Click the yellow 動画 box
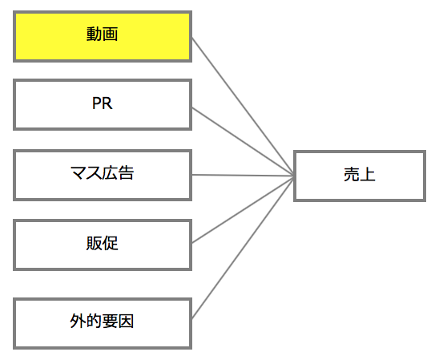(x=103, y=37)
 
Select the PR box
(x=103, y=105)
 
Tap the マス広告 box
(x=103, y=175)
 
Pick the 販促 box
(x=103, y=245)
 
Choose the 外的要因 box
(x=103, y=324)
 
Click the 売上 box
(x=360, y=176)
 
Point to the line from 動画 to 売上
(x=243, y=107)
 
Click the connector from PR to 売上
(x=243, y=142)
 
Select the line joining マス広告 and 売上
(x=243, y=175)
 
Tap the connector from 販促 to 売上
(x=243, y=209)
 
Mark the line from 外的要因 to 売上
(x=243, y=247)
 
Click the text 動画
(x=102, y=34)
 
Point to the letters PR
(x=102, y=103)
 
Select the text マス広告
(x=102, y=172)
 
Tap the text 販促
(x=102, y=243)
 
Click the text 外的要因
(x=102, y=321)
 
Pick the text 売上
(x=360, y=175)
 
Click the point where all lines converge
(x=294, y=176)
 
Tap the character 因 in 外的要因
(x=127, y=322)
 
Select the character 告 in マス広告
(x=127, y=172)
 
